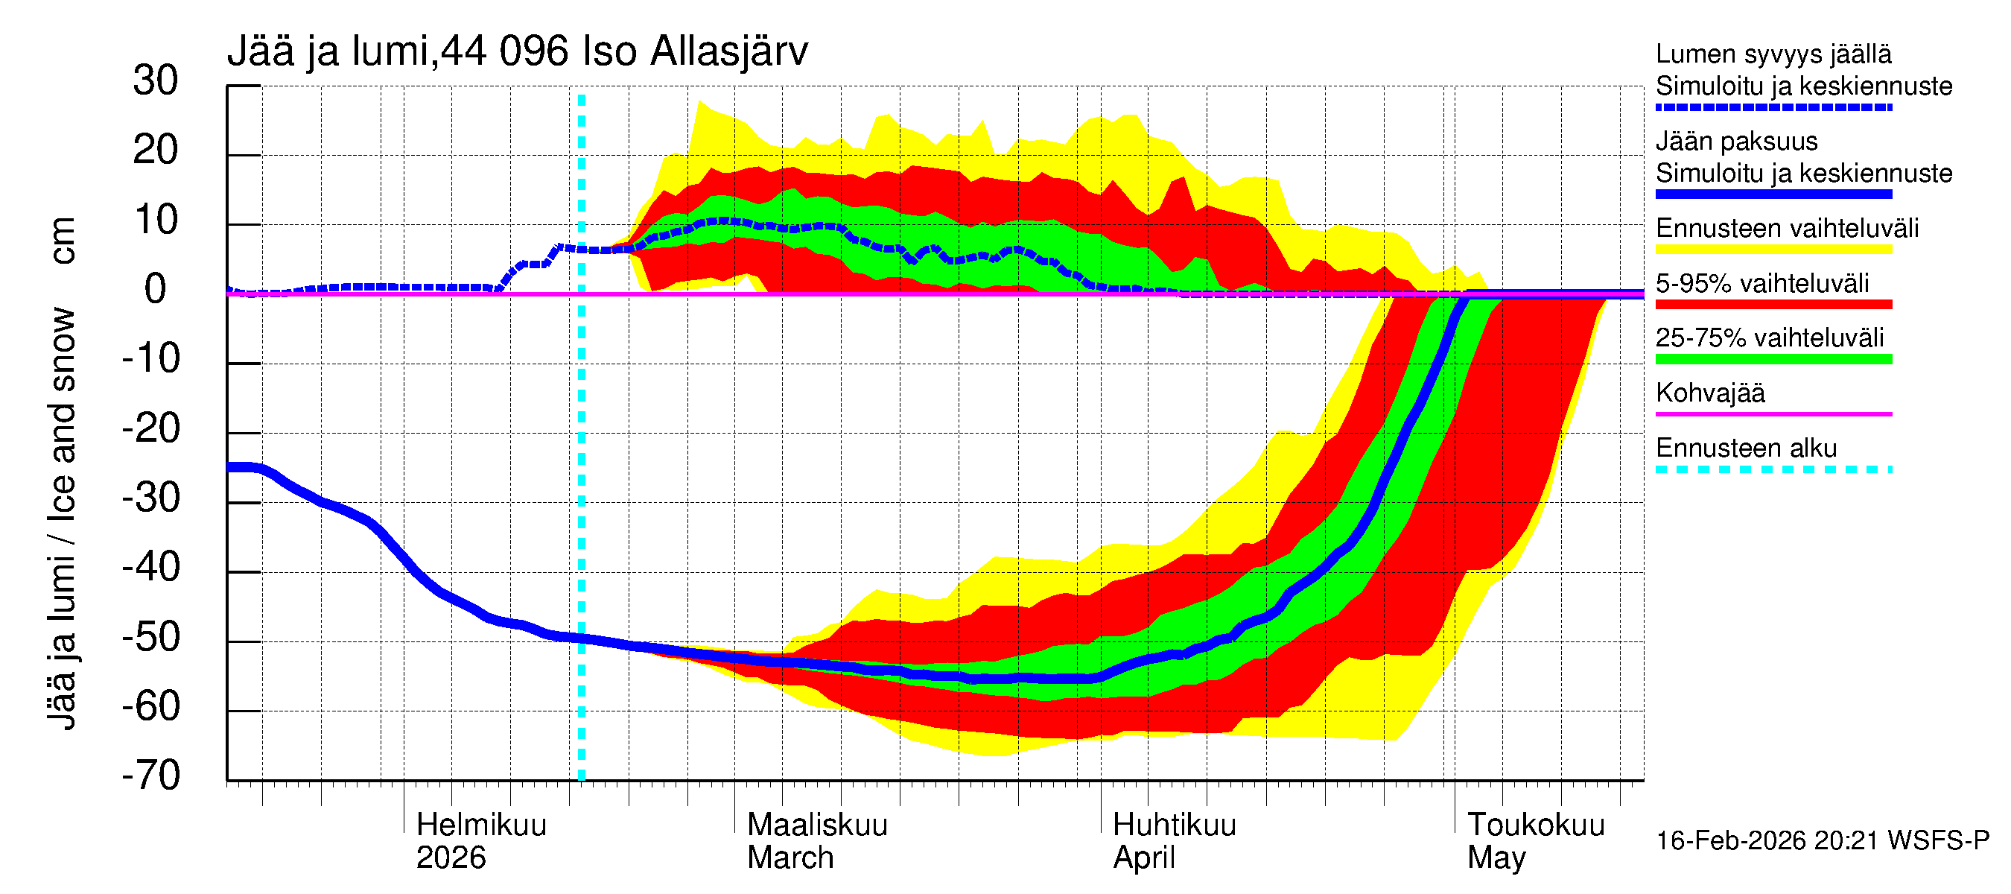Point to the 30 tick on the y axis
(156, 81)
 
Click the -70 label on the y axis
(151, 776)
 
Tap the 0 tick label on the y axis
(156, 290)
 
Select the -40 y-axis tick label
(151, 568)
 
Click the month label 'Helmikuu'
(481, 825)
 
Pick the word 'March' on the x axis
(790, 858)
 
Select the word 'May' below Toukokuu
(1496, 858)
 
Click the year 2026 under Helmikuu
(451, 858)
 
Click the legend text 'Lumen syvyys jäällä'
(1773, 54)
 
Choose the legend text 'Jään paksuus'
(1736, 142)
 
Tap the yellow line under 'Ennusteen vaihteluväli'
(1773, 250)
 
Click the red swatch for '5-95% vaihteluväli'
(1773, 305)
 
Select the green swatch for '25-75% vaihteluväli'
(1773, 359)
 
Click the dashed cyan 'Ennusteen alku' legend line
(1773, 469)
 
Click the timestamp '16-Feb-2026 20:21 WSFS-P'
(1822, 841)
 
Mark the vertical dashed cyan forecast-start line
(582, 469)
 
